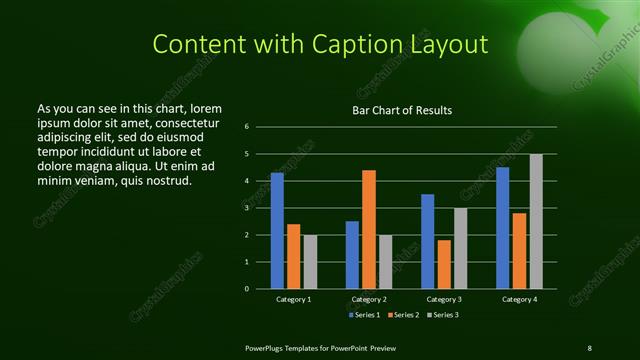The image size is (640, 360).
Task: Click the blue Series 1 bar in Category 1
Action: tap(277, 230)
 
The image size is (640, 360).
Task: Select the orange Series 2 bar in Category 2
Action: tap(369, 229)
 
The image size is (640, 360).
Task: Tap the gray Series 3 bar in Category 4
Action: tap(536, 221)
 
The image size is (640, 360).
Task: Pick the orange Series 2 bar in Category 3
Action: tap(444, 264)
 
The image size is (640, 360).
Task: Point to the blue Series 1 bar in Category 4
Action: tap(502, 227)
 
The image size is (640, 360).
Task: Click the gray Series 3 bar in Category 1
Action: tap(310, 261)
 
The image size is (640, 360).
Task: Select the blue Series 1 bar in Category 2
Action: tap(352, 254)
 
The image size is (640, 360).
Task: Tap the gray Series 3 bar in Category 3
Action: tap(461, 248)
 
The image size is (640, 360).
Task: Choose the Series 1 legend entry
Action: tap(363, 315)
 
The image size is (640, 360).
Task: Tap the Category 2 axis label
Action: tap(369, 299)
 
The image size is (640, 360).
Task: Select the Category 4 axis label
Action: tap(519, 299)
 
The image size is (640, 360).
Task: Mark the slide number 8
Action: tap(589, 347)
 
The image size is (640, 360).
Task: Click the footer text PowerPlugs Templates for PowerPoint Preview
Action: tap(320, 347)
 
